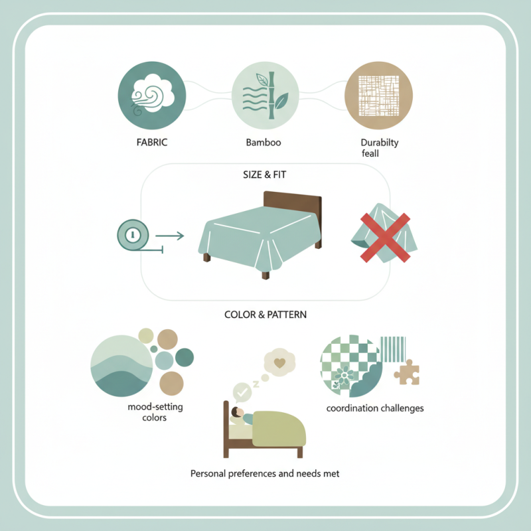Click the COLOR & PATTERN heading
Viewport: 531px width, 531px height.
[x=265, y=314]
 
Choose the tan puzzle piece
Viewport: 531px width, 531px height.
[x=406, y=373]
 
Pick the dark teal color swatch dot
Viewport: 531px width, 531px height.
[x=184, y=357]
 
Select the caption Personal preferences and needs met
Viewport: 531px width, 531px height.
[x=265, y=474]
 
